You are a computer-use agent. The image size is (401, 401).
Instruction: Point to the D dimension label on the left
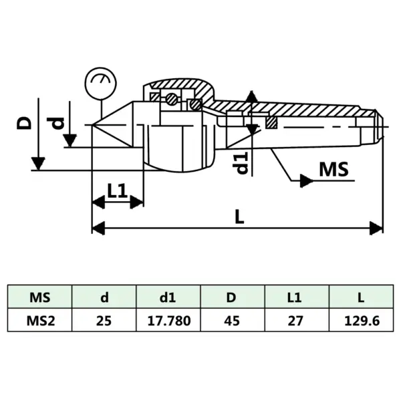click(x=24, y=122)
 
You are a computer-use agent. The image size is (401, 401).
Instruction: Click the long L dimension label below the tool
click(x=239, y=217)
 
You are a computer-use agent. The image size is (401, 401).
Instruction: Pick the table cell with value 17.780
click(x=169, y=320)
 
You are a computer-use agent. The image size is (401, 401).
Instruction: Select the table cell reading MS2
click(x=40, y=320)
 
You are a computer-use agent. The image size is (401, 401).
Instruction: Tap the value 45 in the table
click(x=234, y=320)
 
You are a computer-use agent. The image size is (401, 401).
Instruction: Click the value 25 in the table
click(x=104, y=320)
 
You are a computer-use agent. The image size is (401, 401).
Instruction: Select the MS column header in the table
click(x=40, y=296)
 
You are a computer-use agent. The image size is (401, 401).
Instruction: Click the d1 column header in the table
click(x=169, y=296)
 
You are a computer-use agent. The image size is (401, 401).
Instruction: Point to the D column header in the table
click(x=234, y=296)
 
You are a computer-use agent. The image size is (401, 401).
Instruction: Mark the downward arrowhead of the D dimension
click(x=38, y=163)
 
